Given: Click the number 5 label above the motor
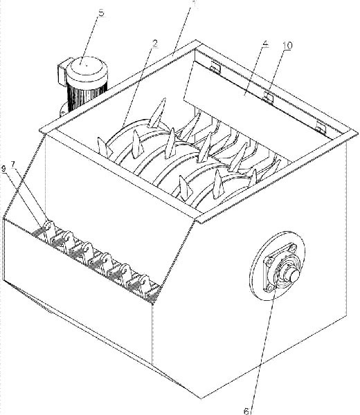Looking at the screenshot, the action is [x=102, y=12].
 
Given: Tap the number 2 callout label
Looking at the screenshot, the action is [x=154, y=44].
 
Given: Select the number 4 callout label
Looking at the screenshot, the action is [x=265, y=44].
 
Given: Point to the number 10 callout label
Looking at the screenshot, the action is [x=287, y=46].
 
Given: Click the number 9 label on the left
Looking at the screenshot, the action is [x=4, y=169].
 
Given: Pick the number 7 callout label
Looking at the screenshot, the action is [x=13, y=165].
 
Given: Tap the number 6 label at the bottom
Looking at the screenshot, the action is [x=246, y=411].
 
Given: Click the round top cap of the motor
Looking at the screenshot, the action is [x=87, y=66].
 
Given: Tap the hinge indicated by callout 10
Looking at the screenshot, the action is [x=268, y=98].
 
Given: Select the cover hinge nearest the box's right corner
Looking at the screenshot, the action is [x=321, y=128].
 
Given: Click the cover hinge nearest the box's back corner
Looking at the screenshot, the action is [x=215, y=68].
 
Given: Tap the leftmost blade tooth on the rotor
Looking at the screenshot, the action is [x=104, y=147].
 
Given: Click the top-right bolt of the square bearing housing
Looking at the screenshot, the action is [x=292, y=249].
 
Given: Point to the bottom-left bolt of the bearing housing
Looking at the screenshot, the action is [x=270, y=288].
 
